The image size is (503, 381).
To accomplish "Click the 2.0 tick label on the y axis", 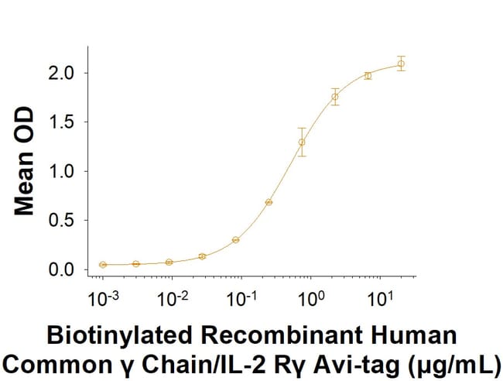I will click(64, 73).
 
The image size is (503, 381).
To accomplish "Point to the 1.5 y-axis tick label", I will click(64, 122).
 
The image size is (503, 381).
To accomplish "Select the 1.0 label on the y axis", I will click(64, 171).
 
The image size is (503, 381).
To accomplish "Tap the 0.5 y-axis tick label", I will click(64, 221).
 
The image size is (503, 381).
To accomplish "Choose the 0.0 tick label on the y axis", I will click(64, 269).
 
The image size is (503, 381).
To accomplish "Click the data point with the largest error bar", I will click(302, 142).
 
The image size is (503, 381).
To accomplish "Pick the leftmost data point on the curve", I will click(103, 265).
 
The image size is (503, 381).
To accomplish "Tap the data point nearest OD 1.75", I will click(335, 97).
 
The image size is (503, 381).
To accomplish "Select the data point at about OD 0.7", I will click(269, 202).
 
